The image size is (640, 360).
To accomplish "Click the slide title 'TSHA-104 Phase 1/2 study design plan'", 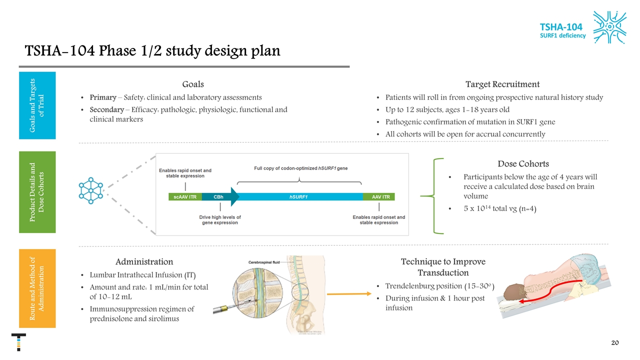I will coord(152,51).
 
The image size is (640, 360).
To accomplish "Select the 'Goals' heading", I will coord(192,84).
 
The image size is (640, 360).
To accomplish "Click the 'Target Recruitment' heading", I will coord(502,84).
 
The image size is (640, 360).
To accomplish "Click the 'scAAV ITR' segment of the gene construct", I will coord(185,196).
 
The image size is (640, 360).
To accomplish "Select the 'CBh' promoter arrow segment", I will coord(220,196).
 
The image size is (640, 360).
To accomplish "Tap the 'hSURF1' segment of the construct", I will coord(298,196).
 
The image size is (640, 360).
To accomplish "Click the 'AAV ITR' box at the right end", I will coord(380,196).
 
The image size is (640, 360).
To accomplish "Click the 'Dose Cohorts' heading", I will coord(523,163).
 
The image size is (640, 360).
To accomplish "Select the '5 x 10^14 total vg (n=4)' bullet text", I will coord(500,208).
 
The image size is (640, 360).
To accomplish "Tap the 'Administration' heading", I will coord(144,261).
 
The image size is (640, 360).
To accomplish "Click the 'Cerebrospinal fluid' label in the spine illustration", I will coord(264,262).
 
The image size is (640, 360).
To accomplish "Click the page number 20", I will coord(615,342).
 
